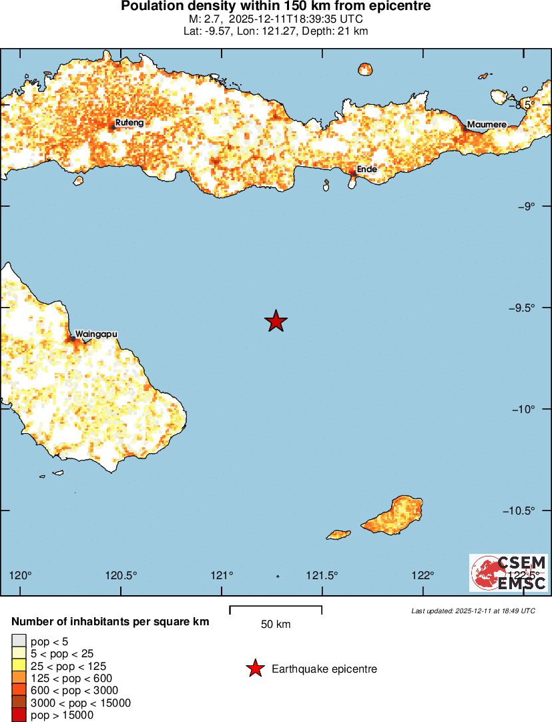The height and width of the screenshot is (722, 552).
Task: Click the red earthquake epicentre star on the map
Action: [x=276, y=321]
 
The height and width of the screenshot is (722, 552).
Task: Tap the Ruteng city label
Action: [x=129, y=123]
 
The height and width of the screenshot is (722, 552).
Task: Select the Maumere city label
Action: [x=487, y=125]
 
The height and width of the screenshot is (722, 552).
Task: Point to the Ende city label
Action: [x=367, y=169]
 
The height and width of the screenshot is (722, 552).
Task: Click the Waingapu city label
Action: [x=96, y=334]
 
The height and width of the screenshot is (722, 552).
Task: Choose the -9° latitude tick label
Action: [x=527, y=206]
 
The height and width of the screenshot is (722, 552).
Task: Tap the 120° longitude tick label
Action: [x=21, y=575]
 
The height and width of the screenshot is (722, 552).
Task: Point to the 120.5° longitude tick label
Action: [x=122, y=575]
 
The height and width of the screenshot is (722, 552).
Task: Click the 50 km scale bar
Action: [x=276, y=609]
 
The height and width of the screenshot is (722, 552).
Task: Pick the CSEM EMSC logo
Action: [x=509, y=573]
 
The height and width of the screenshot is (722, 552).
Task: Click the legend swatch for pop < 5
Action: [x=19, y=642]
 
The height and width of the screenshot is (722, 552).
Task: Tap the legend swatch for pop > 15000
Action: [x=19, y=715]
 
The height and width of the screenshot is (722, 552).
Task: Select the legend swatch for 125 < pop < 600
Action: [x=19, y=678]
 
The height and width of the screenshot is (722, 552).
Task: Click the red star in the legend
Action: [x=254, y=669]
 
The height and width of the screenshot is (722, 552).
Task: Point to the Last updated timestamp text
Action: [x=473, y=611]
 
